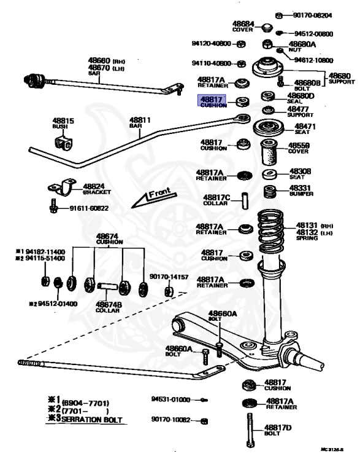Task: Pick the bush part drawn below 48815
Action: [64, 144]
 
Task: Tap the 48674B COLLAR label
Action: [107, 305]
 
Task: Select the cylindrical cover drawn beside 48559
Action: [269, 153]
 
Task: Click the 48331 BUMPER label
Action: [301, 191]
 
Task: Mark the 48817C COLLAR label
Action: [216, 200]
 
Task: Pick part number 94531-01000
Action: [170, 399]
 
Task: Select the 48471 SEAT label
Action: [301, 128]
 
